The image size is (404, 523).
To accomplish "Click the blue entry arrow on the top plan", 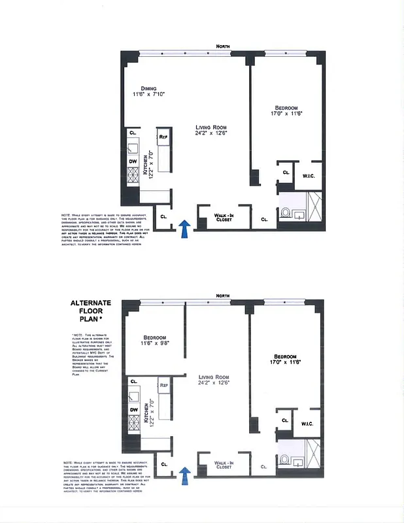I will [185, 229].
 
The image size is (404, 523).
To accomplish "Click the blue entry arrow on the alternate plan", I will [185, 475].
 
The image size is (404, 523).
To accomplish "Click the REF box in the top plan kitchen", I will [163, 137].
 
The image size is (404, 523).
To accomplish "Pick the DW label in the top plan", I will [133, 161].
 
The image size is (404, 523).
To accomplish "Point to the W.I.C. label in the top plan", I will [309, 175].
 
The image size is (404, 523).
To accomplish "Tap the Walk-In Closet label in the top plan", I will [224, 218].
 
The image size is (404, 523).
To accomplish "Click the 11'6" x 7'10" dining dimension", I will [148, 95].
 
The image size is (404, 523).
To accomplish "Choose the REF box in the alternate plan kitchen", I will [163, 385].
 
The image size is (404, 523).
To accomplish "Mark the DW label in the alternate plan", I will [133, 409].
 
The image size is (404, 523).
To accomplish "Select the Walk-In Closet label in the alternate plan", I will [224, 465].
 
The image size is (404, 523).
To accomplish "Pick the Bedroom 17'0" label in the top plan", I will [286, 108].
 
